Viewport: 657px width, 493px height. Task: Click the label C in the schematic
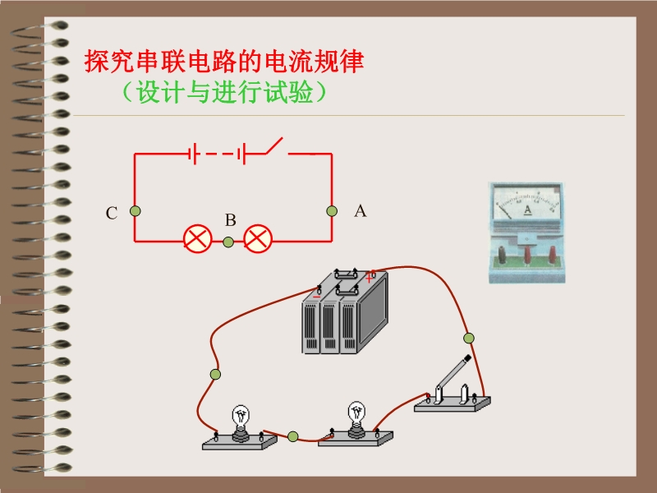(x=112, y=214)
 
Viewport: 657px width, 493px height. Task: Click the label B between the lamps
(x=231, y=220)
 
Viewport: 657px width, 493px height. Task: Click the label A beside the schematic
(x=360, y=211)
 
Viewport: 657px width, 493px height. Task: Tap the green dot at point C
(x=135, y=211)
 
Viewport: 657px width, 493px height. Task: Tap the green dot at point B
(x=228, y=242)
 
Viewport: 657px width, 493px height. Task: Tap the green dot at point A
(x=332, y=211)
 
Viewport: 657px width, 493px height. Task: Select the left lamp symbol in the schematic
(x=197, y=240)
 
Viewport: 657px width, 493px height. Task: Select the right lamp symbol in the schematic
(x=259, y=240)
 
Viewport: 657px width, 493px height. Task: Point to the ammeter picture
(x=527, y=233)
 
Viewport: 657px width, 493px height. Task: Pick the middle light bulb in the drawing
(x=356, y=417)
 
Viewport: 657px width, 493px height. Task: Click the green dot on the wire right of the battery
(x=469, y=338)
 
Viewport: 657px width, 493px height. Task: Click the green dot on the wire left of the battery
(x=215, y=375)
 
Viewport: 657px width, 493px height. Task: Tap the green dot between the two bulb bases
(x=293, y=435)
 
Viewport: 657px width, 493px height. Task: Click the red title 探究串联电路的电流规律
(x=224, y=62)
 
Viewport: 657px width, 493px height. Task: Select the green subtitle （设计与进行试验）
(x=223, y=93)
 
